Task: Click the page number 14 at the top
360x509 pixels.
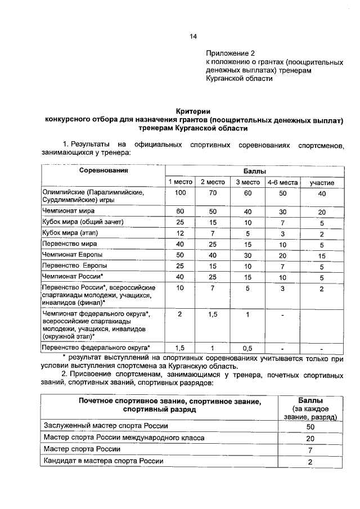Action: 192,37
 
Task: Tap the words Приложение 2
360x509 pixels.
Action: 229,52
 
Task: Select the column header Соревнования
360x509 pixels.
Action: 103,170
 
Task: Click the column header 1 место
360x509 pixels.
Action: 180,182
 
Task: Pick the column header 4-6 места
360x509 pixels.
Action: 282,182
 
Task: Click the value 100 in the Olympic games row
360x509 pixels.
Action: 180,193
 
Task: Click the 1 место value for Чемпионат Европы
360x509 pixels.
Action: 180,255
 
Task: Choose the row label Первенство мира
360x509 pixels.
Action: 70,244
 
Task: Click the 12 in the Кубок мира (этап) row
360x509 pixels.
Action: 180,233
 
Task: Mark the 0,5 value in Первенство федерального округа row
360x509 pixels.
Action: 247,348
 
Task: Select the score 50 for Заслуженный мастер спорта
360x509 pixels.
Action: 310,427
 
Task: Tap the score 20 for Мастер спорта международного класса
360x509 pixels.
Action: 310,439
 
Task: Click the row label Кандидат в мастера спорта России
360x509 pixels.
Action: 103,461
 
